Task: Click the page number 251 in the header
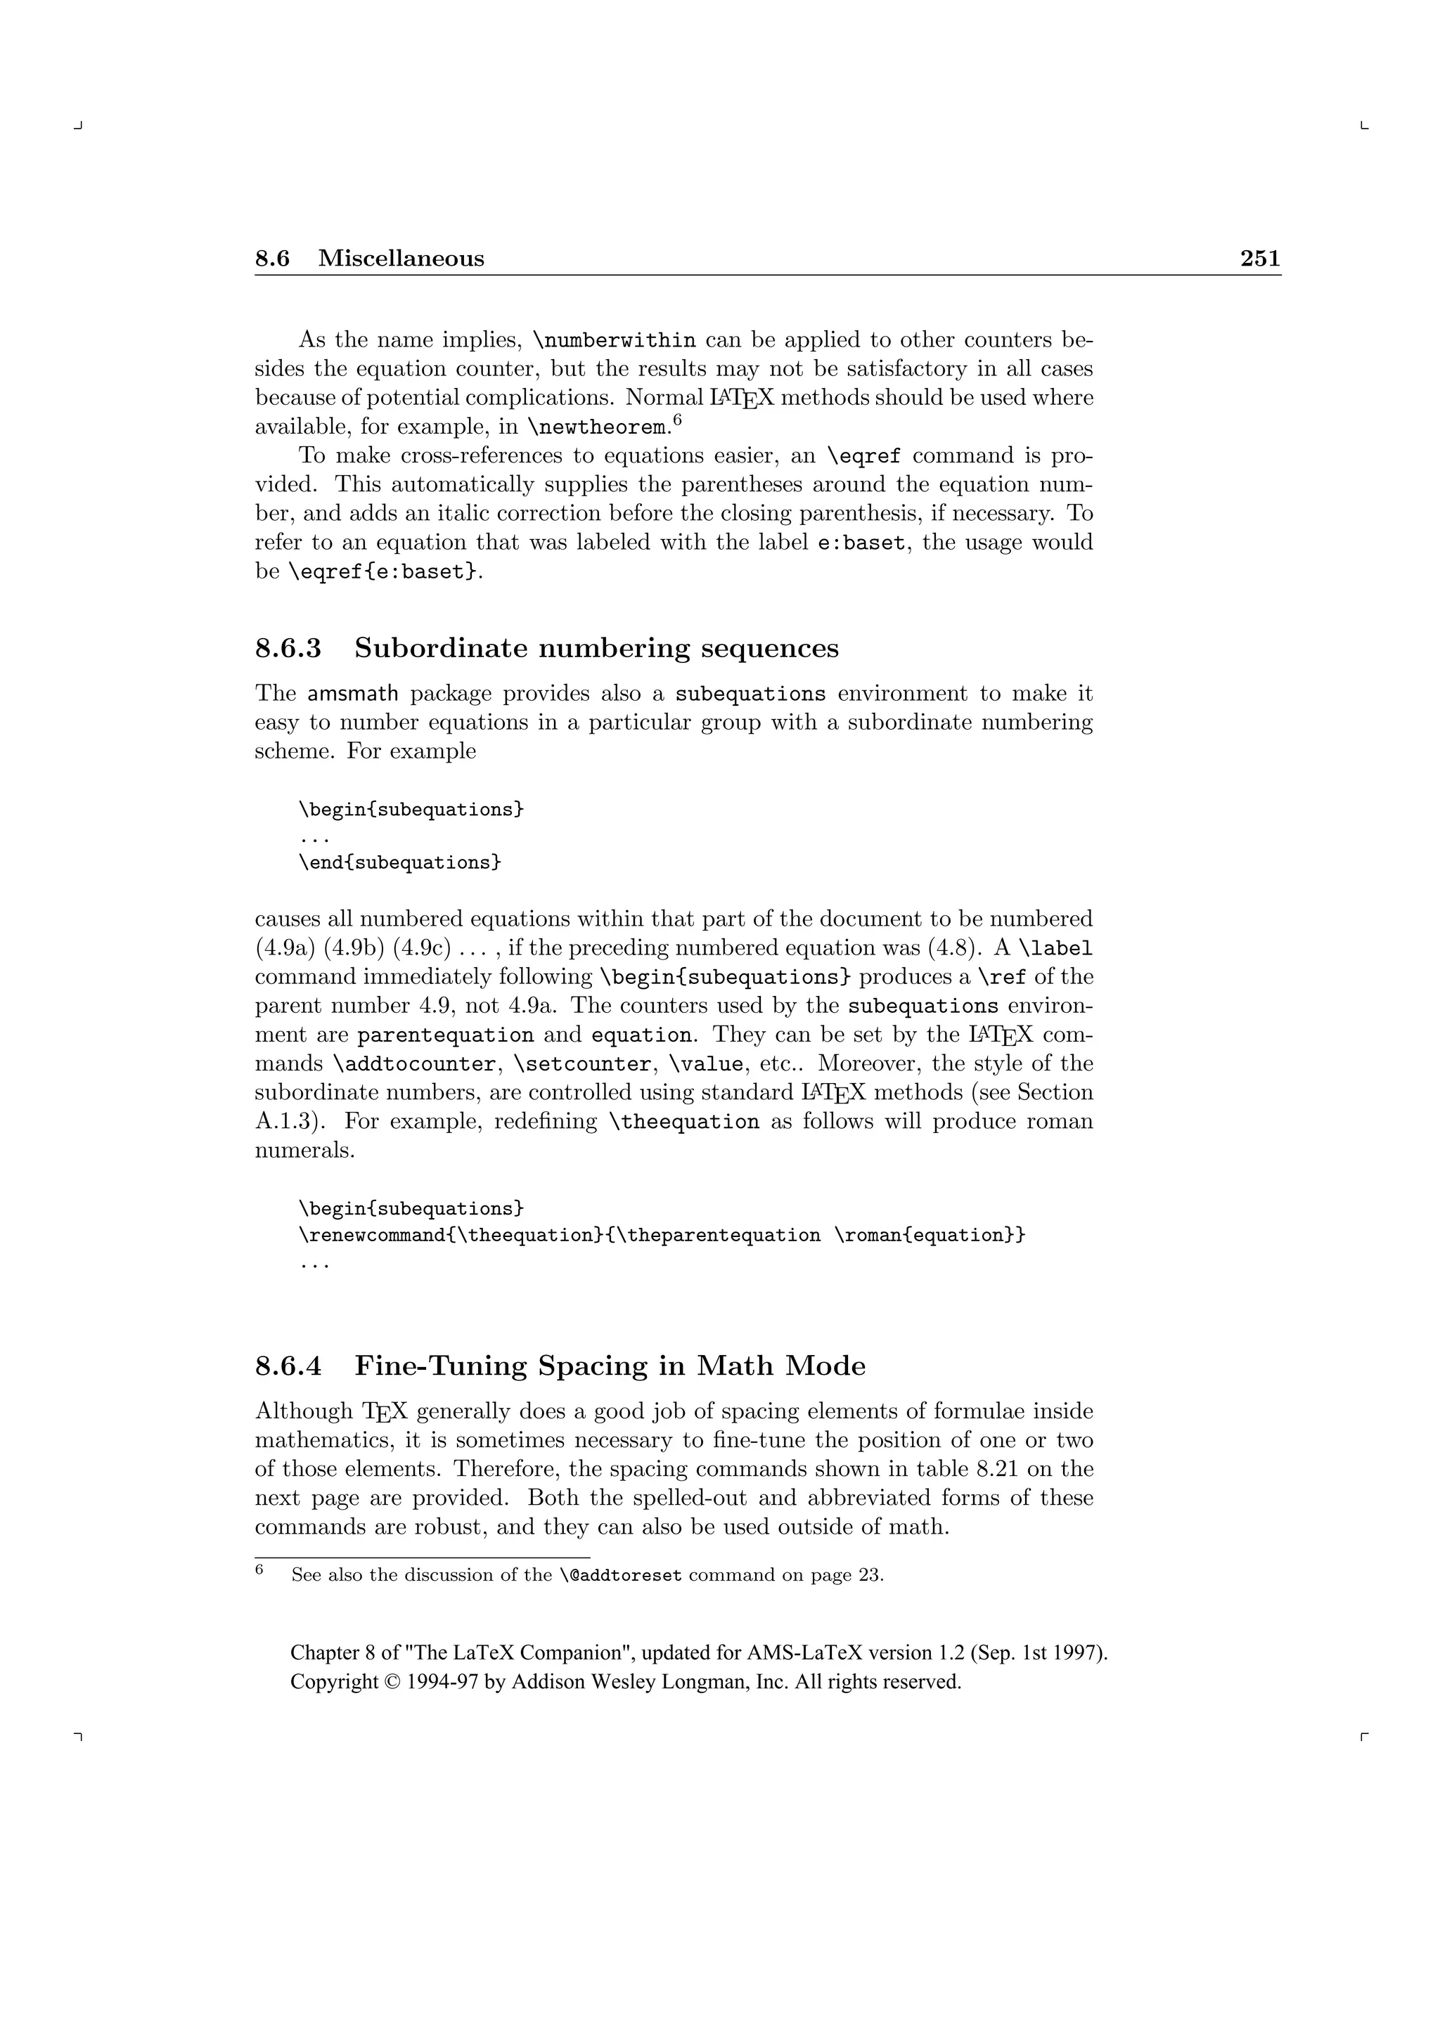pos(1260,259)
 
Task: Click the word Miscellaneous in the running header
pos(401,259)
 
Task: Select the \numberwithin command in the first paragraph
pos(614,341)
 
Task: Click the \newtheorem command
pos(597,428)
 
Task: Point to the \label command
pos(1055,948)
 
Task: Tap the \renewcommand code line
pos(662,1236)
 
